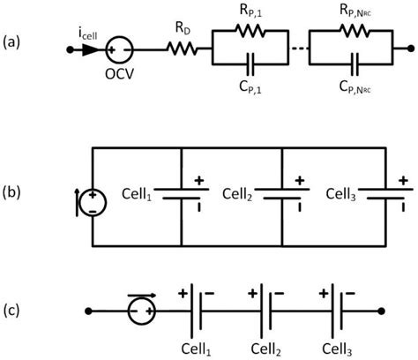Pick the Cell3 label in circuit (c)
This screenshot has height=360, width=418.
pos(335,346)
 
